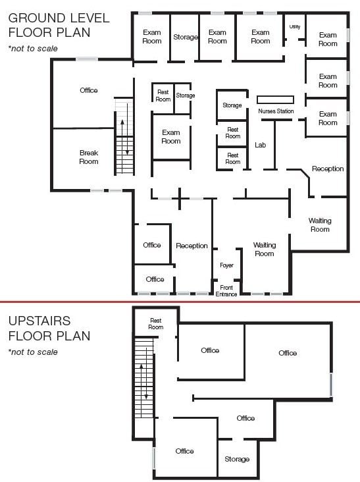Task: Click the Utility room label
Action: point(295,27)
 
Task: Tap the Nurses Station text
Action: point(276,111)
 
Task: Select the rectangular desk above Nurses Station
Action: point(275,99)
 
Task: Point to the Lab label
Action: point(260,145)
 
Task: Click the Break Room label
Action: point(89,157)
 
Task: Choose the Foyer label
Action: point(226,265)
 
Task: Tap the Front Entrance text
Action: point(226,291)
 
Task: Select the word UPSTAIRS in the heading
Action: point(39,321)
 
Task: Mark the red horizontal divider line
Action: point(180,302)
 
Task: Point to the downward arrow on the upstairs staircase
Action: point(147,390)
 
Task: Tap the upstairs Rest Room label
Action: point(156,324)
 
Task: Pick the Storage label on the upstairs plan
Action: point(237,459)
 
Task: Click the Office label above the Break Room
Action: point(89,90)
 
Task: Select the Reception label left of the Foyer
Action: point(192,246)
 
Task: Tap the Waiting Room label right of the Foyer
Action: point(265,250)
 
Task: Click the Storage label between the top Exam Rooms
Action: point(186,37)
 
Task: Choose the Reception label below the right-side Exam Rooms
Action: point(328,169)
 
